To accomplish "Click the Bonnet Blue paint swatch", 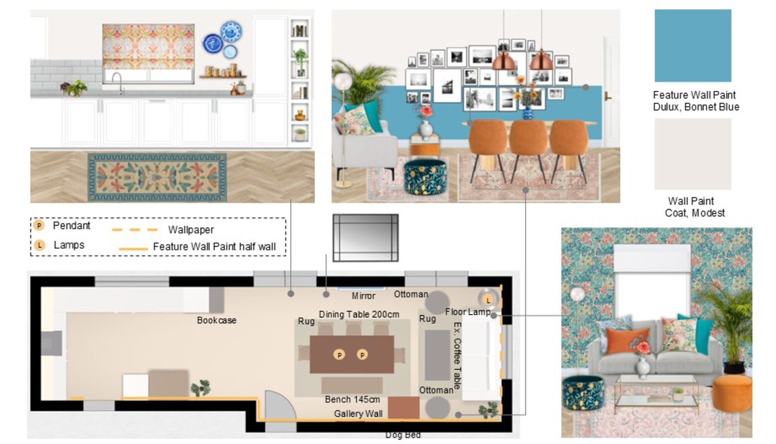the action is point(693,45).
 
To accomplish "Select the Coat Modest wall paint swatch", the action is point(693,154).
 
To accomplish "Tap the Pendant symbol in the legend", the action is point(39,226).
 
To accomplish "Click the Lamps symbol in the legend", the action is point(39,245).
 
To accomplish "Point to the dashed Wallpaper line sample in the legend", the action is point(135,229).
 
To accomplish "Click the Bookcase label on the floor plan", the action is point(216,320).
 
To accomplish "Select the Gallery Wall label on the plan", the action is point(358,414).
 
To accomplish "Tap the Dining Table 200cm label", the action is point(359,314).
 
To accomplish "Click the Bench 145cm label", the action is point(352,399).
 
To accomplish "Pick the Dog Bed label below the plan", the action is point(403,435).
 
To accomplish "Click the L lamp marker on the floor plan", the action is point(488,300).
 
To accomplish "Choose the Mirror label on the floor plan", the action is point(364,296).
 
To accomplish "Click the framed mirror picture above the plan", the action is point(366,238).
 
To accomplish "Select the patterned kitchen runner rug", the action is point(157,177).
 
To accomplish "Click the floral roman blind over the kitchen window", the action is point(148,46).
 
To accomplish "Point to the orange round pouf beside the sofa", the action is point(732,393).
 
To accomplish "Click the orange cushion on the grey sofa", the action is point(627,340).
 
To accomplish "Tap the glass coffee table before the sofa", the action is point(656,392).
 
